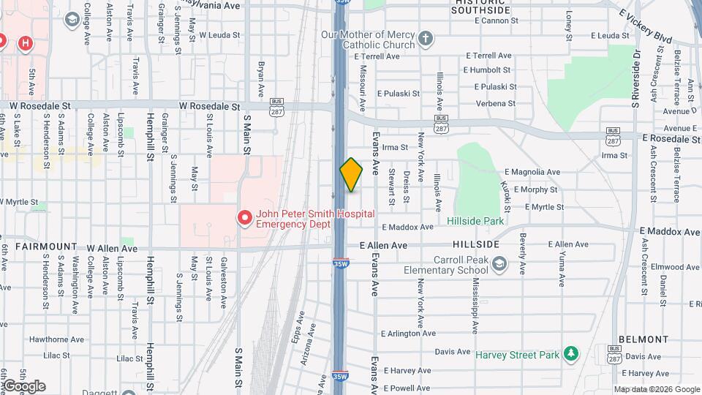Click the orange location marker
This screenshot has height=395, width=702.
[351, 175]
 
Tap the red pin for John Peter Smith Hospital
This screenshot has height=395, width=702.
[244, 218]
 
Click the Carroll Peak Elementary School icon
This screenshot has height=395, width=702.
[499, 263]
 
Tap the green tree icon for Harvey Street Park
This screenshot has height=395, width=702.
[572, 355]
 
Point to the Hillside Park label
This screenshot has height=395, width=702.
[475, 220]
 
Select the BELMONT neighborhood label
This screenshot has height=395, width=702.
[643, 339]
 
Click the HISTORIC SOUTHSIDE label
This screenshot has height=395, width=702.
[481, 8]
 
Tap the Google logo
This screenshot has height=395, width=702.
[23, 386]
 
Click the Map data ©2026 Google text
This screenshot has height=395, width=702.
[657, 390]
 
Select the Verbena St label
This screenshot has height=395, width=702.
[496, 103]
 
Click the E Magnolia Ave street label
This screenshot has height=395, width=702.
[532, 172]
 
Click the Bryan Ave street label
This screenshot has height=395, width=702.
[260, 78]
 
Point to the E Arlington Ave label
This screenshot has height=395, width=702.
[411, 334]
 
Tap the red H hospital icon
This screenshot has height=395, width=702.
[26, 44]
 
